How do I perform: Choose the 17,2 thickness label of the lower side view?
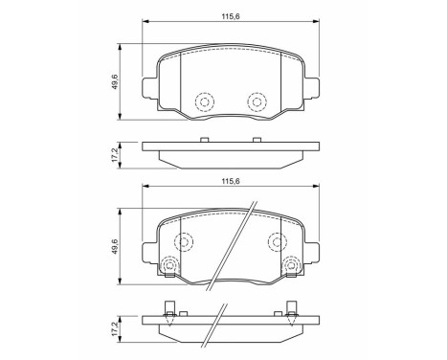(116, 329)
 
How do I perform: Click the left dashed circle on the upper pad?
(203, 101)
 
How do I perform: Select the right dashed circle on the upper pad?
(256, 101)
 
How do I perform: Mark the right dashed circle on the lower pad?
(276, 240)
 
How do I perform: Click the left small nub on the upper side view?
(203, 141)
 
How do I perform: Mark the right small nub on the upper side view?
(256, 141)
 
